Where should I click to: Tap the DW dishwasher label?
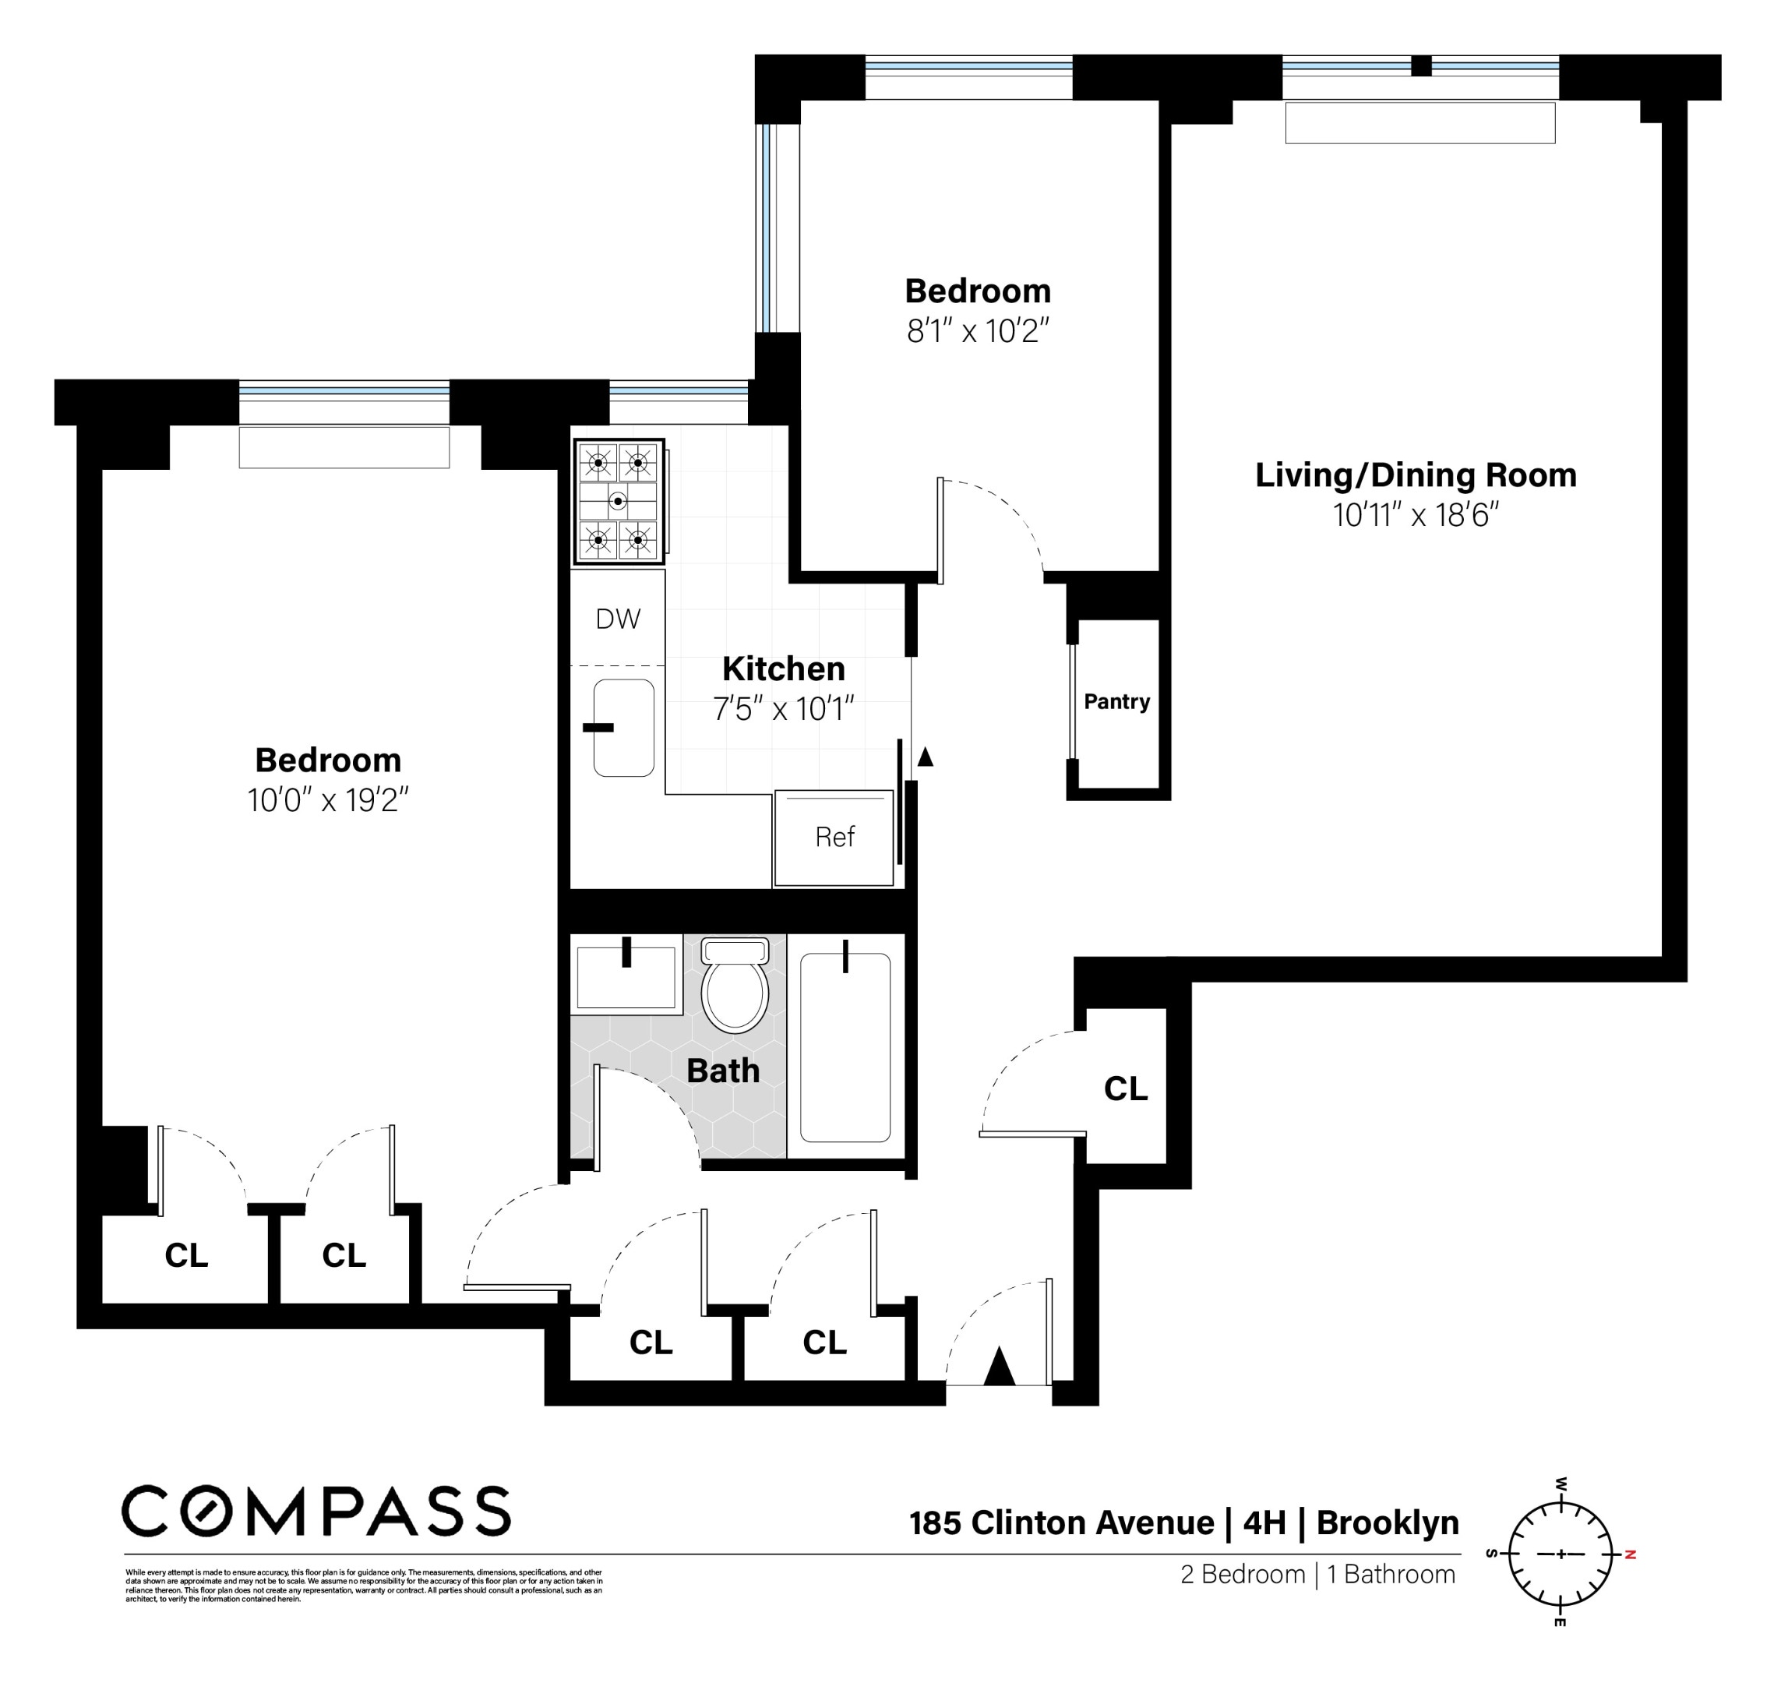[618, 619]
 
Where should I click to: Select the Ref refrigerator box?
[834, 837]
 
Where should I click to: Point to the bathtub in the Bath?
[845, 1047]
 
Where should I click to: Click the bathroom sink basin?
[626, 976]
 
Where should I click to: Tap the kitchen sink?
[623, 728]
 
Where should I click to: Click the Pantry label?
[1116, 701]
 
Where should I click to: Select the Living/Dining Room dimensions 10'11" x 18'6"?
[1415, 516]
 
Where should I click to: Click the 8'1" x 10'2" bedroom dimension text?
[977, 332]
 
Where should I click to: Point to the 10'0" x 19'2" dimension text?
[327, 800]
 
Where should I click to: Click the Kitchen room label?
[783, 669]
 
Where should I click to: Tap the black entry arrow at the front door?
[999, 1367]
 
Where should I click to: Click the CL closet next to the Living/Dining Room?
[1125, 1088]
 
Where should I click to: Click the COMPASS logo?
[316, 1511]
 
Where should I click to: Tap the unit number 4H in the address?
[1264, 1523]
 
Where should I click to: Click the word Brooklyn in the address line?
[1387, 1523]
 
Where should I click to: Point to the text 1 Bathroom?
[1391, 1575]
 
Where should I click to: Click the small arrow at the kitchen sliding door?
[925, 757]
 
